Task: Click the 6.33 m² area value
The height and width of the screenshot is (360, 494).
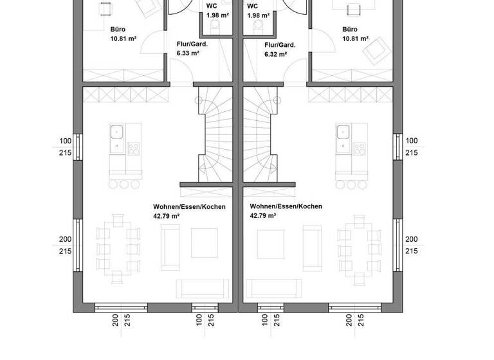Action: click(188, 54)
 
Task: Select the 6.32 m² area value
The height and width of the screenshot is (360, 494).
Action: click(275, 55)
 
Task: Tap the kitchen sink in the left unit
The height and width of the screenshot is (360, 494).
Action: click(117, 133)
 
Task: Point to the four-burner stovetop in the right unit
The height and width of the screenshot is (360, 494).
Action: click(359, 149)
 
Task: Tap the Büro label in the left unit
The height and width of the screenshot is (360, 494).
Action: click(118, 30)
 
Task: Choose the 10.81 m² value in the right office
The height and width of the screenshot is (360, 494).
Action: click(355, 39)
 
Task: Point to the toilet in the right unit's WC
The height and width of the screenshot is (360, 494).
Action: click(258, 24)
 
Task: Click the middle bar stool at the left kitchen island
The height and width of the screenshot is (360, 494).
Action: click(123, 184)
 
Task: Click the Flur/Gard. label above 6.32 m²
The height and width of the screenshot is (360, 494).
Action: click(279, 45)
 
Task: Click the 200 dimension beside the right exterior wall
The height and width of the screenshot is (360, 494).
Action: click(411, 239)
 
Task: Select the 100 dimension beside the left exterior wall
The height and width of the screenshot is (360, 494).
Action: click(65, 141)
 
